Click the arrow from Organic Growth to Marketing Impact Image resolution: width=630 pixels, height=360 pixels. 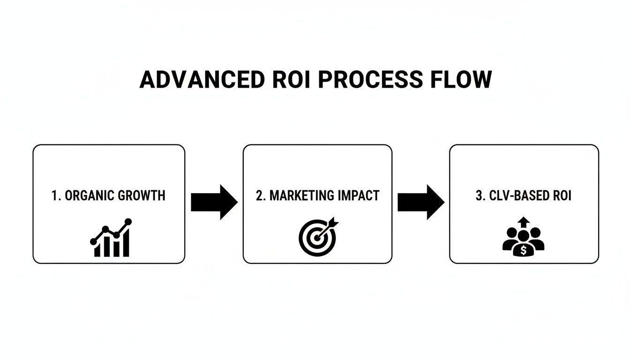click(x=214, y=202)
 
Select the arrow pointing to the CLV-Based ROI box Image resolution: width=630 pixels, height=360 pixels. click(x=420, y=202)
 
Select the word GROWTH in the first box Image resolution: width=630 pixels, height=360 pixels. click(x=144, y=195)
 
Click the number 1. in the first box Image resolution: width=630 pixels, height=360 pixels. click(x=56, y=195)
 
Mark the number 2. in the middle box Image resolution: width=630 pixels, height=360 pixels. click(x=261, y=195)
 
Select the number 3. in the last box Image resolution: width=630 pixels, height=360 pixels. click(x=480, y=195)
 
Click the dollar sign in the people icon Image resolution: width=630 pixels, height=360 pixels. click(x=524, y=251)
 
